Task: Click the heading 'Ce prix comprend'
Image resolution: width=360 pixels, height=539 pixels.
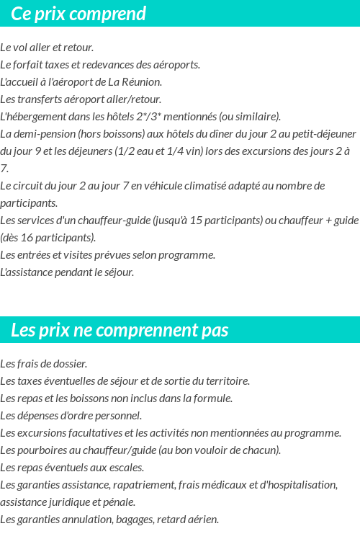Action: coord(78,14)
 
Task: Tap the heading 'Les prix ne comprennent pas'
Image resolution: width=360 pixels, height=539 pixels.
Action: coord(120,330)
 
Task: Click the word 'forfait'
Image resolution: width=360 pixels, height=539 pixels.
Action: coord(28,65)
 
